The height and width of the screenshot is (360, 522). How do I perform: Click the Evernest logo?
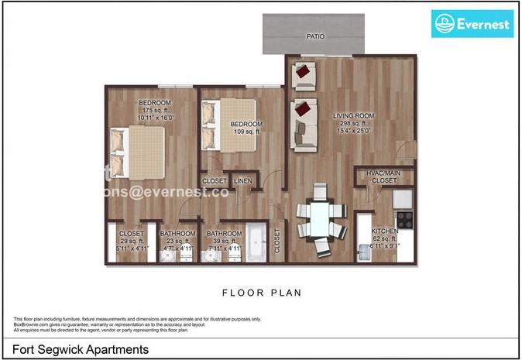472,24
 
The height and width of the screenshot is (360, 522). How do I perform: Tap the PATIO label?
315,36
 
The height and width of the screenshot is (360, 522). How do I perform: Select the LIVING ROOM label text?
354,116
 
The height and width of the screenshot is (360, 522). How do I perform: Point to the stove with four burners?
403,219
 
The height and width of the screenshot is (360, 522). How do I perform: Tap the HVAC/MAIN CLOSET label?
383,177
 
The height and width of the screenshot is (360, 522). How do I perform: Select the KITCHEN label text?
385,231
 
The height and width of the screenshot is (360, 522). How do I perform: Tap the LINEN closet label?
244,181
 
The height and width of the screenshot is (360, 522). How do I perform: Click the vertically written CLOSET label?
277,242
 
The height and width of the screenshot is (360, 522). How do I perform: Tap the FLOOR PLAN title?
261,293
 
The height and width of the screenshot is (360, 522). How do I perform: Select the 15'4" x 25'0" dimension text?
354,131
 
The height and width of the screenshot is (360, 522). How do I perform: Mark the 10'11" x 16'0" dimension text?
156,118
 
